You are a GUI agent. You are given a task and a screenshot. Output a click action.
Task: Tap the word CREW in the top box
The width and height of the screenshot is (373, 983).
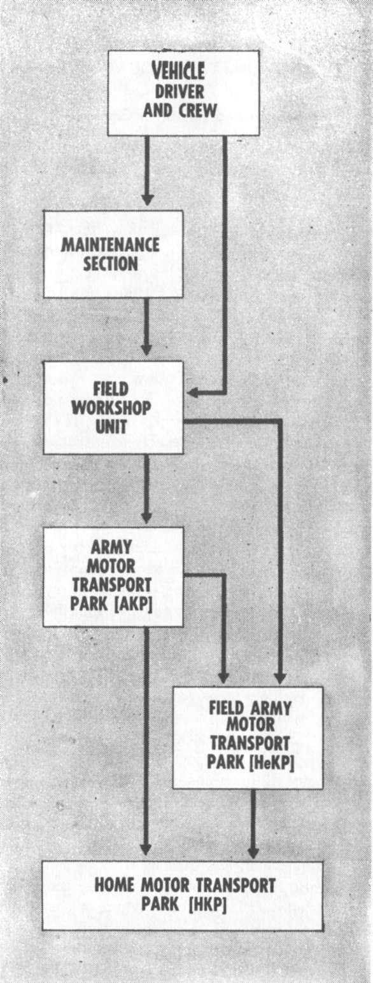point(197,111)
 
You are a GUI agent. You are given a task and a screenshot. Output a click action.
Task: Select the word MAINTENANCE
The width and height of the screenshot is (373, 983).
point(110,245)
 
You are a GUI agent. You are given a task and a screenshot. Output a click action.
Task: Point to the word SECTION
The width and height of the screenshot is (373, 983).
point(111,264)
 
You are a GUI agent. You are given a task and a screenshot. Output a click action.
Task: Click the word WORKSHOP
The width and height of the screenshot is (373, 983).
point(111,408)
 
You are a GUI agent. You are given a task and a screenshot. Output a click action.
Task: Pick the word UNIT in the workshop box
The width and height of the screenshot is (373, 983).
point(111,427)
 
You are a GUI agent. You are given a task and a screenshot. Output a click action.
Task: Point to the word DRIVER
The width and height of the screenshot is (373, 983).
point(179,92)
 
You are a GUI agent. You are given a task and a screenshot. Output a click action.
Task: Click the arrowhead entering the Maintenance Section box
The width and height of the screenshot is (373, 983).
point(147,199)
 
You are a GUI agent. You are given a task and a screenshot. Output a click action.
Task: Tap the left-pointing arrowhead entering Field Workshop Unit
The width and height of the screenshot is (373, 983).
point(194,393)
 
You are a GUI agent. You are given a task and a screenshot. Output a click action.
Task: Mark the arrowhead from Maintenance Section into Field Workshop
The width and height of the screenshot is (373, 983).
point(146,349)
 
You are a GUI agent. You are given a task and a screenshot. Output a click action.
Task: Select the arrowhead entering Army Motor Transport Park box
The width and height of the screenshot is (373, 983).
point(146,516)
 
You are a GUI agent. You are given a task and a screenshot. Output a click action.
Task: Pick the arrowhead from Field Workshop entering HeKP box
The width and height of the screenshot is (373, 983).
point(280,677)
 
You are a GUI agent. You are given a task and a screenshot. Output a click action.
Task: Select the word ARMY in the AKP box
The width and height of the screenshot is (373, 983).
point(111,547)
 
